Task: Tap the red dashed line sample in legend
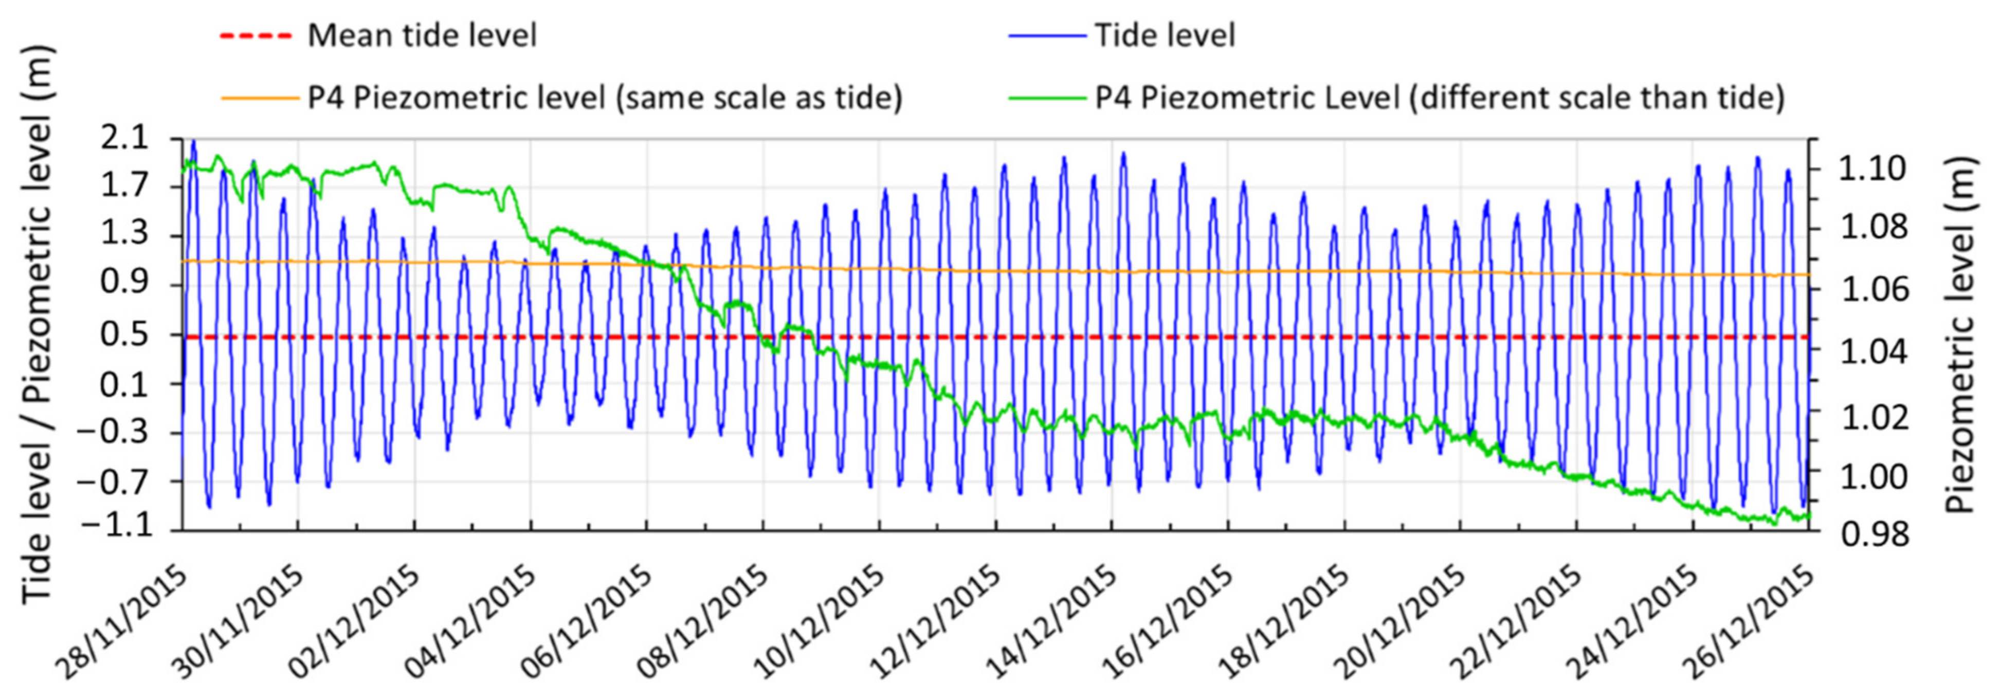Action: tap(256, 35)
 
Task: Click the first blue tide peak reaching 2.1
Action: tap(193, 143)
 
